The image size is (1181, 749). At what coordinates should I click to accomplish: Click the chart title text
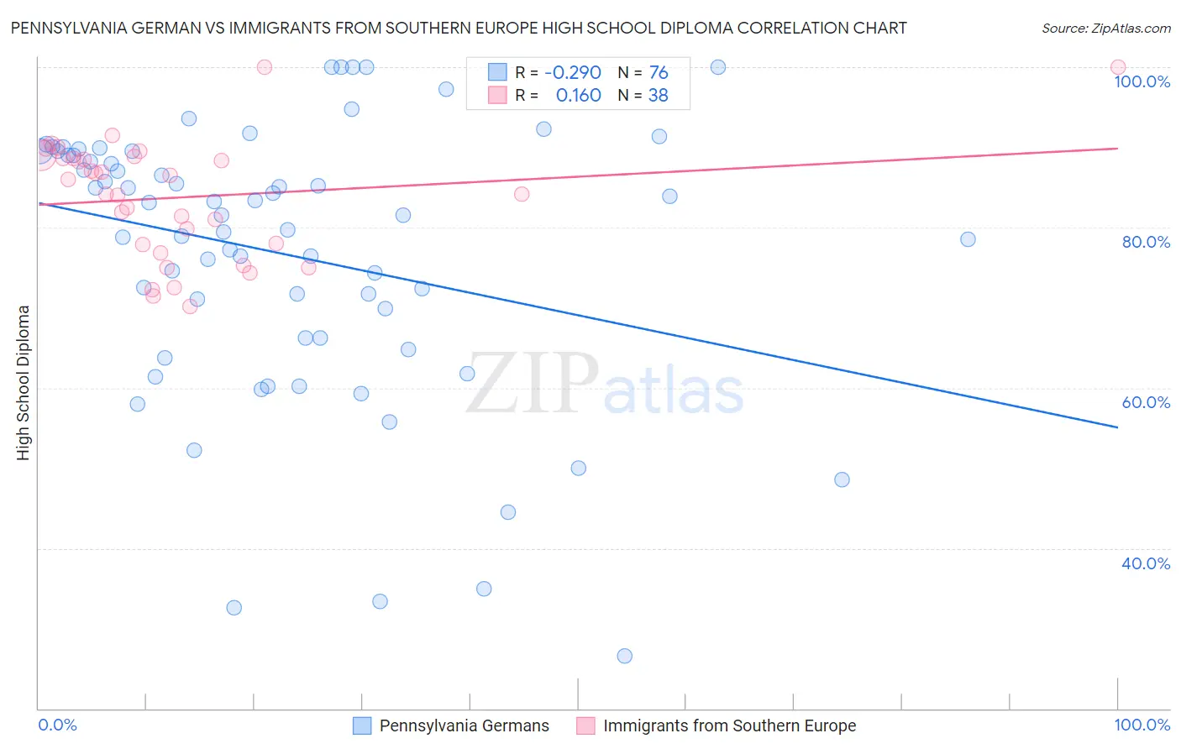tap(459, 28)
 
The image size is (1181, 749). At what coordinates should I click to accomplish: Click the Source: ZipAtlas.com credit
tap(1105, 29)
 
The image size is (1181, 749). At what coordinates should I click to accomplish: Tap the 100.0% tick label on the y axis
tap(1142, 81)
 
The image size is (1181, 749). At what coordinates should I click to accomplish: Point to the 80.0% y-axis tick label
tap(1146, 242)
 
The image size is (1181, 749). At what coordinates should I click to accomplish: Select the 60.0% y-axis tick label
tap(1146, 402)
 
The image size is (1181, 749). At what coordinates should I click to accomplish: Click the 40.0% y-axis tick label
tap(1146, 563)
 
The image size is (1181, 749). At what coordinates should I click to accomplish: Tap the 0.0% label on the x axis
tap(58, 725)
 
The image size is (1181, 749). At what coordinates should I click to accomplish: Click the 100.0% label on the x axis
tap(1142, 725)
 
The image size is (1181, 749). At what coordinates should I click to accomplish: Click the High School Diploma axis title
tap(24, 382)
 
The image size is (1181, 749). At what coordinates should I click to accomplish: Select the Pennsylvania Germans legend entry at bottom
tap(464, 725)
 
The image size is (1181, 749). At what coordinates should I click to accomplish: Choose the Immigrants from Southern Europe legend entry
tap(729, 725)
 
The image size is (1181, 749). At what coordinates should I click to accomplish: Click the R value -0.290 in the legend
tap(573, 73)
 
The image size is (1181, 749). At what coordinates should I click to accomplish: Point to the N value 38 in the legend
tap(658, 96)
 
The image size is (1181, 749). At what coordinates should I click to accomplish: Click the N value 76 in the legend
tap(658, 73)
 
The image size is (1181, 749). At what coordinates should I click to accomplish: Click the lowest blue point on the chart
tap(624, 656)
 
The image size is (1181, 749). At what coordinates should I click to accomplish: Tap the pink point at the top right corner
tap(1117, 67)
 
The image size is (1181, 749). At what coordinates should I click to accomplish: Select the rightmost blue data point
tap(968, 239)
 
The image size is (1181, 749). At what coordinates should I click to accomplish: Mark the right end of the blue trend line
tap(1117, 427)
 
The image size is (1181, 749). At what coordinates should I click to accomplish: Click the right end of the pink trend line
tap(1117, 148)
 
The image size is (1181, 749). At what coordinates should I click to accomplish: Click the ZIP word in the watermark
tap(532, 383)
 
